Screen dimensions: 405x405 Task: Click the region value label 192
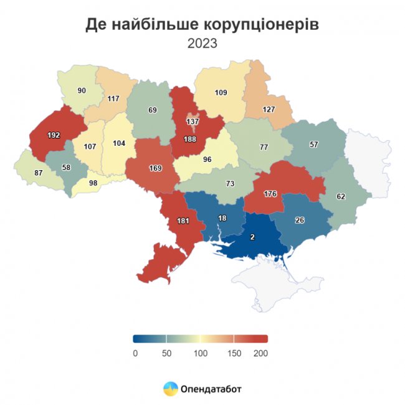click(54, 135)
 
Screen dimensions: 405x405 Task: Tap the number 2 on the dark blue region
click(252, 237)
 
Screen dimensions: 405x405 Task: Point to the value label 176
click(271, 194)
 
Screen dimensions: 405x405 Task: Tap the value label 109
click(221, 93)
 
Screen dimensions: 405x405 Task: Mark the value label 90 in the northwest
click(82, 91)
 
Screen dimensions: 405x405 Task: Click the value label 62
click(340, 196)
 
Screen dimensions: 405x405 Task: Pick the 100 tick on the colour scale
click(201, 353)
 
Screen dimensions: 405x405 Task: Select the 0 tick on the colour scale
click(135, 353)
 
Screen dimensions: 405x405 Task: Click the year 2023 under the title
click(202, 44)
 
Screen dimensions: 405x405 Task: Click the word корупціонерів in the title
click(261, 24)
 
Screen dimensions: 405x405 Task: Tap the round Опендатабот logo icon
click(169, 389)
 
